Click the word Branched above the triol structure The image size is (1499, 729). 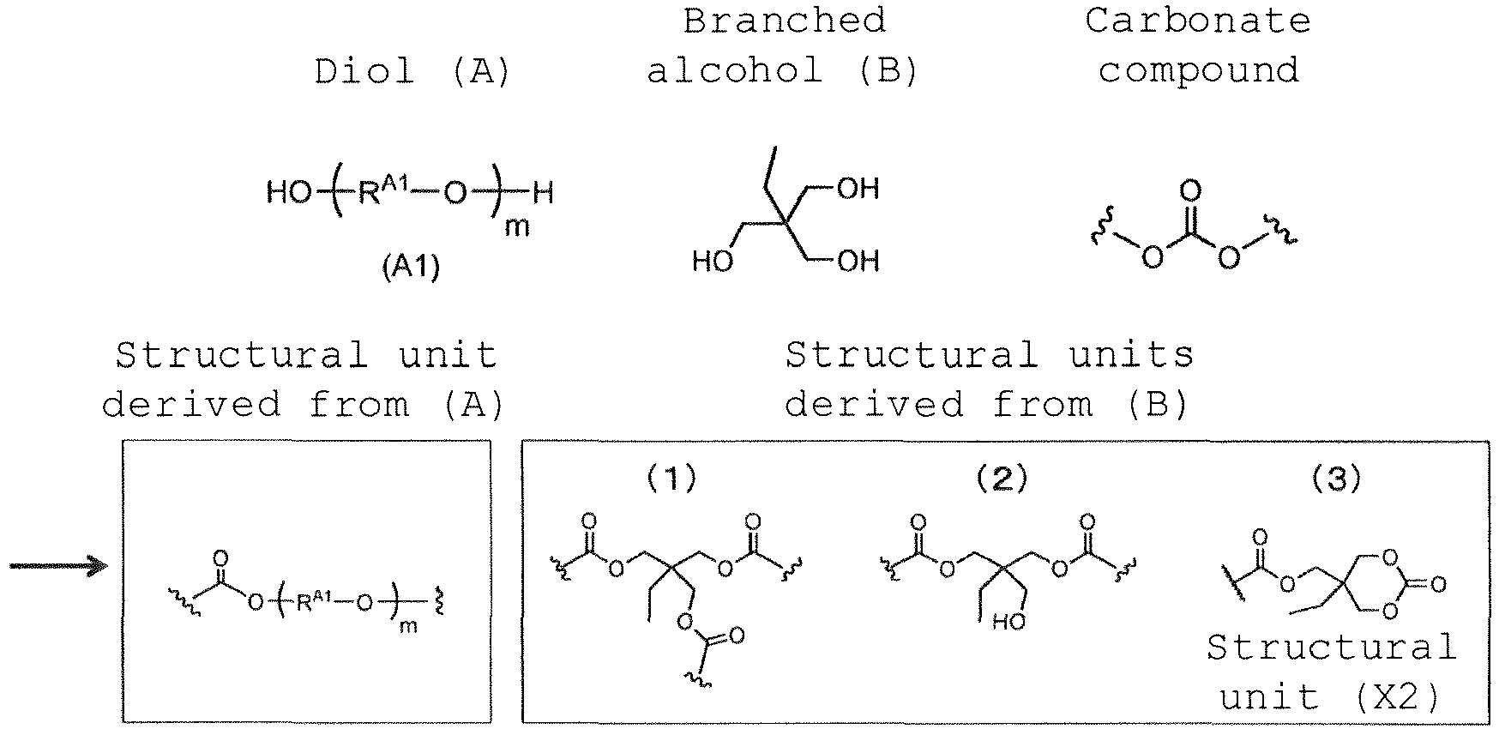point(784,21)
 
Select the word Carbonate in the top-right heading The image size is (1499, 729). point(1198,21)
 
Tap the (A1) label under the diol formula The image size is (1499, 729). point(411,268)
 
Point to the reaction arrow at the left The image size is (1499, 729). point(58,565)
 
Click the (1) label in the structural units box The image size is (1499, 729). point(671,479)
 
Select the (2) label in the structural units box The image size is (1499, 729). point(1002,479)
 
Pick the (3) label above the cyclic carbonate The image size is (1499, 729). point(1337,479)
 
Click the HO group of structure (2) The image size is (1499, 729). point(1008,621)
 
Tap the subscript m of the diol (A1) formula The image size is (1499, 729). point(517,227)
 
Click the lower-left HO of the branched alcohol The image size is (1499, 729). point(713,261)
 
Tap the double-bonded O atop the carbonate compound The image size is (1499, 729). point(1189,190)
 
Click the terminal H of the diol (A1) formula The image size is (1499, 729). point(543,193)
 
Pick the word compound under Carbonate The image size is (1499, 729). point(1198,70)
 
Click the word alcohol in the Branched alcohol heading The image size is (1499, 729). point(734,70)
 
